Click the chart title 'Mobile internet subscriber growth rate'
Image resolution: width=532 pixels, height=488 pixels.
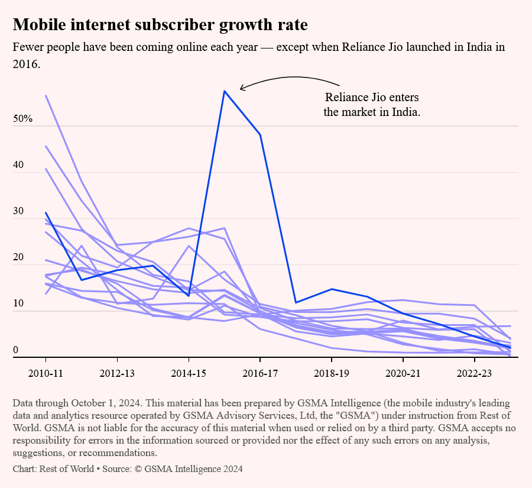point(160,25)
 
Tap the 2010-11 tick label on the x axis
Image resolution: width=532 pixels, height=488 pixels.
point(46,374)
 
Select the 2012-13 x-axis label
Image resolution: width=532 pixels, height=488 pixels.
point(117,374)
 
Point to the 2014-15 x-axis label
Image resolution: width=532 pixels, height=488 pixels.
point(189,374)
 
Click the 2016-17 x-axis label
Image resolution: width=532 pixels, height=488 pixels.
point(260,374)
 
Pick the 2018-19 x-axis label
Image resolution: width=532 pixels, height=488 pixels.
point(331,374)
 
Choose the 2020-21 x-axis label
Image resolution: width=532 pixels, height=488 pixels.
point(403,374)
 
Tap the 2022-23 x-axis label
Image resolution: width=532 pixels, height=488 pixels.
point(474,374)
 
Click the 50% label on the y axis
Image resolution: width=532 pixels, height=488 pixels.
point(23,118)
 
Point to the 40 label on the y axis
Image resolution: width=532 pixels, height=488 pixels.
point(19,164)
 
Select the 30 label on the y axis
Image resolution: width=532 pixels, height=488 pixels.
point(19,211)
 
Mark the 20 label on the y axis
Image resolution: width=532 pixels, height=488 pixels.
point(19,257)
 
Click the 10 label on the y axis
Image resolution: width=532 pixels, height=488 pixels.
point(19,303)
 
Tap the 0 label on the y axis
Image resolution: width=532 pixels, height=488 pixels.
point(16,349)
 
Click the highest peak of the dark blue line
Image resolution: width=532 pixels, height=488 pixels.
point(224,91)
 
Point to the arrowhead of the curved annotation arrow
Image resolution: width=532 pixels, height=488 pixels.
point(241,89)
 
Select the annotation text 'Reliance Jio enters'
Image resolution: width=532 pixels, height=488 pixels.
point(372,98)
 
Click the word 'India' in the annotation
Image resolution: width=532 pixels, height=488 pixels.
point(406,112)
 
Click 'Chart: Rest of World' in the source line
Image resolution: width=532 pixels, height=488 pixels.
point(52,469)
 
